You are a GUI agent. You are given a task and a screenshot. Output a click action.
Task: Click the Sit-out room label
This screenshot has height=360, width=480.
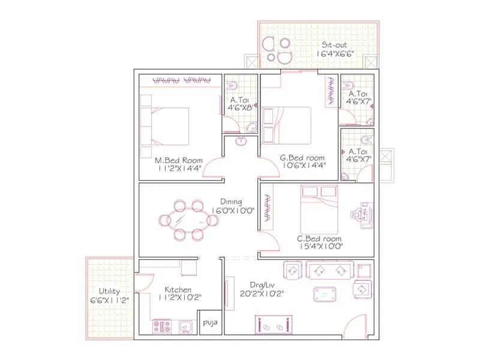tap(334, 44)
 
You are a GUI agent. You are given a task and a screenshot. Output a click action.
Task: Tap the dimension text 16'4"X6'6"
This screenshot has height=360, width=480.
tap(335, 53)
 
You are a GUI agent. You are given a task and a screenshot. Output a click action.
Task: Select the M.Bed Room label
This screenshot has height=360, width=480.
tap(179, 160)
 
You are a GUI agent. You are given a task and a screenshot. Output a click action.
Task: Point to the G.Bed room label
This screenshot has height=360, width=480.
tap(302, 158)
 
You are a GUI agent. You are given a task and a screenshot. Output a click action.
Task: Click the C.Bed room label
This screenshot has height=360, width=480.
tap(319, 238)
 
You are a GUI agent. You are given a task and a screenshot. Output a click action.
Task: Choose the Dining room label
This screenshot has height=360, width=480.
tap(231, 202)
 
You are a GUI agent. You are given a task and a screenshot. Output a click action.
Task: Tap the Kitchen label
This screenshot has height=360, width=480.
tap(178, 290)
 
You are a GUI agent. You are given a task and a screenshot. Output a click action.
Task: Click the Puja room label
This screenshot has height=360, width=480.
tap(211, 323)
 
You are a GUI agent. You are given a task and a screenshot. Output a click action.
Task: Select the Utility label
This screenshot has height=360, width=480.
tap(109, 291)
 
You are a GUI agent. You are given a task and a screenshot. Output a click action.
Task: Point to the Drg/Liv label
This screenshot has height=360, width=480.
tap(262, 286)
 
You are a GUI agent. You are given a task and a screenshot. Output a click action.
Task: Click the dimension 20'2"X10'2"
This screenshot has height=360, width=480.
tap(262, 294)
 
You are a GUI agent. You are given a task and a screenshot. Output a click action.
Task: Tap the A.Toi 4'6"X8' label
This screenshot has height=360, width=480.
tap(240, 104)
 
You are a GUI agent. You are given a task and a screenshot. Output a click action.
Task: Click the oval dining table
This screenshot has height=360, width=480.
tap(188, 220)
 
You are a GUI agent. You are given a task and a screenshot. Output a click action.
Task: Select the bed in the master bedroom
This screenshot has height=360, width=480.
tap(164, 126)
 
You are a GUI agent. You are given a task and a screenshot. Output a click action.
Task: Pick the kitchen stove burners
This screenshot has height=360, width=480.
tap(162, 326)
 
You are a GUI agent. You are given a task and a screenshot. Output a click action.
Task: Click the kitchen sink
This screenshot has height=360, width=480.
tap(185, 327)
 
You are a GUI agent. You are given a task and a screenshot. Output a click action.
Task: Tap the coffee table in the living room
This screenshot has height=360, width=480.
tap(325, 294)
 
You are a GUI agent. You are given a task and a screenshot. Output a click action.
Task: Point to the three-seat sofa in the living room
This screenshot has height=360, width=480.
tap(330, 270)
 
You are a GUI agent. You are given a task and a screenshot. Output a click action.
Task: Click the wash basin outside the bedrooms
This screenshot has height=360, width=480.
tap(241, 141)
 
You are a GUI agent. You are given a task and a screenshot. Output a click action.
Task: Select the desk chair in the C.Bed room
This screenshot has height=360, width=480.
tap(357, 214)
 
